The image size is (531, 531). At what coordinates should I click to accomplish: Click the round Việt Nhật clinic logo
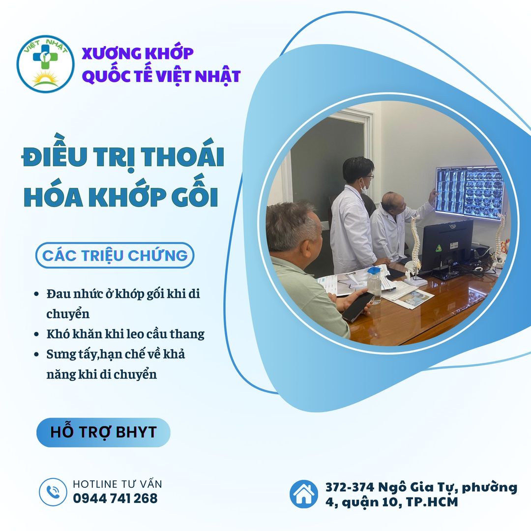click(x=45, y=64)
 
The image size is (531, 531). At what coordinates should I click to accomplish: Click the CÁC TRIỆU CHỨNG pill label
click(x=115, y=255)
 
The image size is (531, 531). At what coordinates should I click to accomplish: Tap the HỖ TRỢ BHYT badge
click(x=103, y=433)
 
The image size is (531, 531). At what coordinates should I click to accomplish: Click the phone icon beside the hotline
click(x=53, y=492)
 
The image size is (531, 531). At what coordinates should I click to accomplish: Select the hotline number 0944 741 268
click(x=115, y=498)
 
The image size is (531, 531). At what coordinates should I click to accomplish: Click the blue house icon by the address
click(x=303, y=494)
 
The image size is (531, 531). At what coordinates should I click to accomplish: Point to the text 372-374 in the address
click(x=350, y=487)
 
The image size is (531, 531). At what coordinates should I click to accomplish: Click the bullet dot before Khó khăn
click(x=36, y=334)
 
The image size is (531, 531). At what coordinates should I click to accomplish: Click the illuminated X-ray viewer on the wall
click(x=470, y=192)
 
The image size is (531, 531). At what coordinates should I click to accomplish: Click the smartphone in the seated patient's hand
click(x=357, y=307)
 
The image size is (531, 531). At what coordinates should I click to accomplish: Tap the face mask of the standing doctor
click(x=364, y=186)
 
